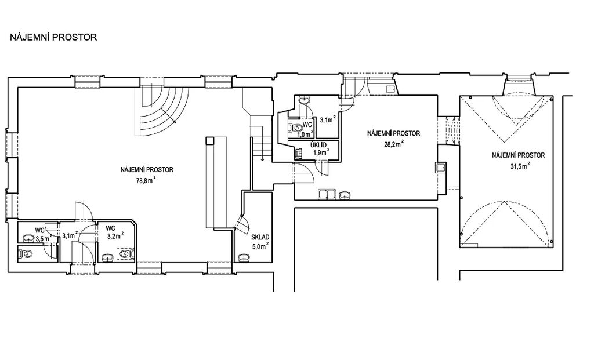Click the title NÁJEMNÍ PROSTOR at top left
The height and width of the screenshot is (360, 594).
53,37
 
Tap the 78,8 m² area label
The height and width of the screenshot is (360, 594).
146,180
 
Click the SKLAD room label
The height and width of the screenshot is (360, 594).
260,237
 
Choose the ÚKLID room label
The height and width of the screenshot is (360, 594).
318,146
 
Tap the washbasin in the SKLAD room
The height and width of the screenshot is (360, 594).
244,258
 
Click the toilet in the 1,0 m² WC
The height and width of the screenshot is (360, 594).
292,128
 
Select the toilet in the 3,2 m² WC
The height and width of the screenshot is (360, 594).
126,254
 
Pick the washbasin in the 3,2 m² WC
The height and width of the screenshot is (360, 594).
108,258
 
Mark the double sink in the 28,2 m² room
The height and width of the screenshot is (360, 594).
327,194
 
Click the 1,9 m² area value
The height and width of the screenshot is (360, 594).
320,152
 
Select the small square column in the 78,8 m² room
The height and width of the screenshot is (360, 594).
209,140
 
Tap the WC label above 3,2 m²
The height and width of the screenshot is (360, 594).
110,228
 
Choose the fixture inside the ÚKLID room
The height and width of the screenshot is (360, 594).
299,153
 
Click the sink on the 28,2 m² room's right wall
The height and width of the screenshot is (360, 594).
441,167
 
